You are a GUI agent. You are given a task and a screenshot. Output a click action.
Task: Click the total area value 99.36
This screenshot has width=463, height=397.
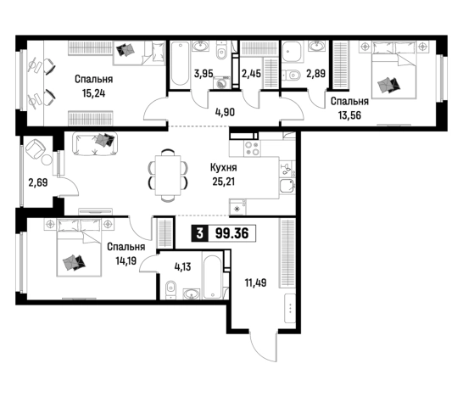232,233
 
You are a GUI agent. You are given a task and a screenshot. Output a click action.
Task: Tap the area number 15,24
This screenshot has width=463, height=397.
93,93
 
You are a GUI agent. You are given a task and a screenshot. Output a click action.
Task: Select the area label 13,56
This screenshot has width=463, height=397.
349,115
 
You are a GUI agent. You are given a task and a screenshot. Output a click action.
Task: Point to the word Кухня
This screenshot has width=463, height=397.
224,167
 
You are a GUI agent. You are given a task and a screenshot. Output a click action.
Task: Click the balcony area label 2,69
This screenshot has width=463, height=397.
38,182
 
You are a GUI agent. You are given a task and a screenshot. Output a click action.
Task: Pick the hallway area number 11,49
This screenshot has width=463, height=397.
256,282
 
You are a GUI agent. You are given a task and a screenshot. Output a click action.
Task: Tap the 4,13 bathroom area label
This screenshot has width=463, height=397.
183,266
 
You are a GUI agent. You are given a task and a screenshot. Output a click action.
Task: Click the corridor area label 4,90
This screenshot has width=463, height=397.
226,112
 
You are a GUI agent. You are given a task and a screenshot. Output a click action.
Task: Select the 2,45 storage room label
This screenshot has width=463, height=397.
251,73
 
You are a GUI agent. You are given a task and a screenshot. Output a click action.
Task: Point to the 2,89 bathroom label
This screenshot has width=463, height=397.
315,73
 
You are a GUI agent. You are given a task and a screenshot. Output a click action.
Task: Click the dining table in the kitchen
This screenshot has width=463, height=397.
168,175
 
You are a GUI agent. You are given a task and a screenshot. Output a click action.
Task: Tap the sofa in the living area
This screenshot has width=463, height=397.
95,144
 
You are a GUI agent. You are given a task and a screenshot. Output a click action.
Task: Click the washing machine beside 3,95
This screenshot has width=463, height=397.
221,82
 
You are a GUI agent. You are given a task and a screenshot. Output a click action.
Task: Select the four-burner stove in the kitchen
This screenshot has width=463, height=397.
252,148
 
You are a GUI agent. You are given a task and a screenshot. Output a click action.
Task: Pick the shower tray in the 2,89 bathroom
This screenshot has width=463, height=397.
291,53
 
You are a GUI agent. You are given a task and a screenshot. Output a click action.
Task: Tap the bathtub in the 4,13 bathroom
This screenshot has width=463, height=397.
212,276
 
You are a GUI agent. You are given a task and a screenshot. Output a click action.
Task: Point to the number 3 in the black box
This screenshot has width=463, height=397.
200,233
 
